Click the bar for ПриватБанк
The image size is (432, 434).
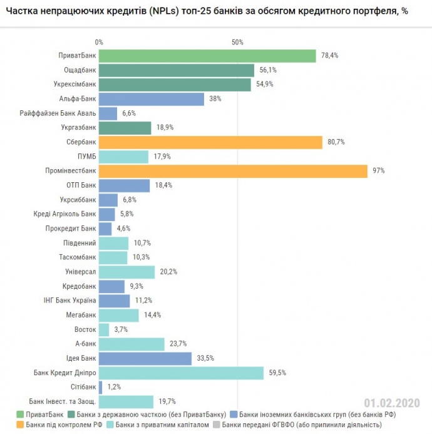[x=207, y=56]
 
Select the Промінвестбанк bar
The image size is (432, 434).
[x=233, y=171]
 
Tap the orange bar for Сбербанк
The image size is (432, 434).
[x=210, y=142]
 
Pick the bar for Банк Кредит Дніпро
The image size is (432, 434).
[x=181, y=373]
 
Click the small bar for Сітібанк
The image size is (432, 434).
[x=100, y=388]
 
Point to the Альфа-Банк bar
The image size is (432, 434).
[x=152, y=99]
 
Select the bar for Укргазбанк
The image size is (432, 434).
[x=125, y=128]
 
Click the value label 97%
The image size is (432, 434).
[x=378, y=171]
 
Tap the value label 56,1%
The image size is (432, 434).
[x=267, y=70]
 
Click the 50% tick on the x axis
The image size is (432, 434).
[x=237, y=42]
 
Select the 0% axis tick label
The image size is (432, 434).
[x=99, y=42]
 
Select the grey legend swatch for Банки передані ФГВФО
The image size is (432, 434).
[x=217, y=425]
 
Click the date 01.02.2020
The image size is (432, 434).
[x=392, y=403]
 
